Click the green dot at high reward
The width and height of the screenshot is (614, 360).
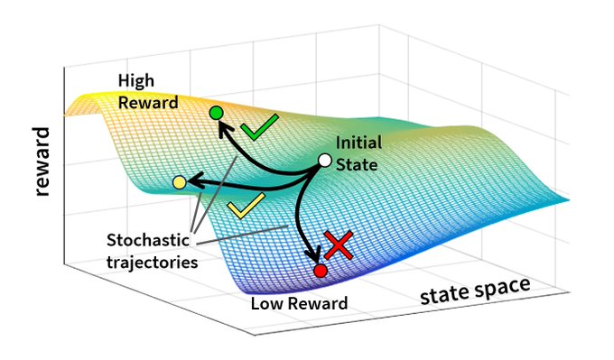[x=216, y=113]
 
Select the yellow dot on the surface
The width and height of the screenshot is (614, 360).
[x=180, y=182]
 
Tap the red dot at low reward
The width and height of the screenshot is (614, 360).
[x=321, y=271]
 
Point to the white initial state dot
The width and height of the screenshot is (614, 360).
[x=325, y=160]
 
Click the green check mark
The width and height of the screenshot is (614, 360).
[x=259, y=127]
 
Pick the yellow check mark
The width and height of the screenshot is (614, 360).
[x=247, y=206]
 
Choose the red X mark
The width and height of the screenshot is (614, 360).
[x=338, y=245]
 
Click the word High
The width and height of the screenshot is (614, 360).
[x=136, y=81]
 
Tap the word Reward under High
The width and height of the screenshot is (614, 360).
[x=148, y=103]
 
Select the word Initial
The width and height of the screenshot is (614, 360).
[x=358, y=143]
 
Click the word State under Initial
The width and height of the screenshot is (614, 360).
[x=357, y=164]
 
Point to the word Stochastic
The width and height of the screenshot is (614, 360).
[x=148, y=240]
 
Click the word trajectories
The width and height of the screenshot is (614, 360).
[x=153, y=263]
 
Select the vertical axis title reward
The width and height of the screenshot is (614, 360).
[x=42, y=162]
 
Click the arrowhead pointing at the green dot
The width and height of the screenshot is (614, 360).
[x=223, y=129]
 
